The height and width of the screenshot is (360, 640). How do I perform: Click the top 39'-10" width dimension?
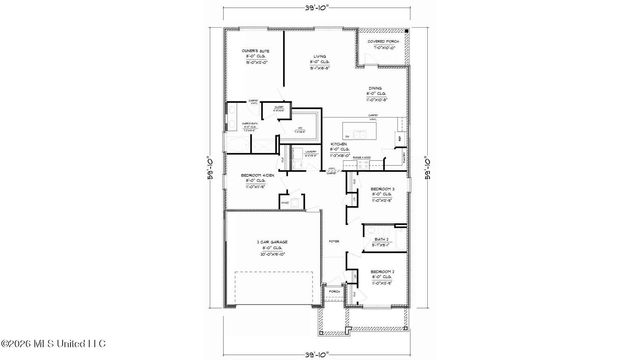point(319,8)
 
